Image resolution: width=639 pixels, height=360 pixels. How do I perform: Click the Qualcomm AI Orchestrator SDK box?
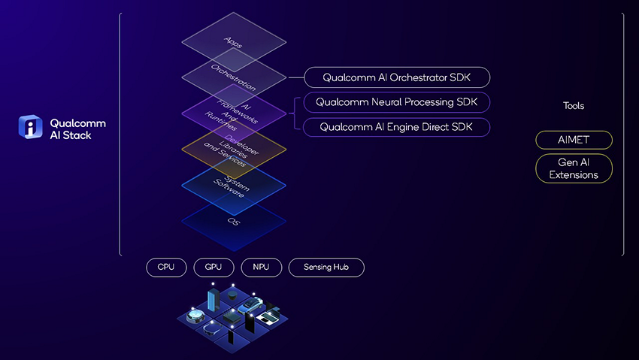pyautogui.click(x=397, y=77)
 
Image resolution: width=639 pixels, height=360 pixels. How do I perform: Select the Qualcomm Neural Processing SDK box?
pyautogui.click(x=397, y=102)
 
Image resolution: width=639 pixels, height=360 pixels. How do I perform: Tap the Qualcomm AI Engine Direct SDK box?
pyautogui.click(x=397, y=127)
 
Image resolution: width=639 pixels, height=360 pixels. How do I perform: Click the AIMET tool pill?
pyautogui.click(x=574, y=141)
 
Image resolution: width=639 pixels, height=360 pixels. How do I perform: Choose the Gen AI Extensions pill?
pyautogui.click(x=574, y=168)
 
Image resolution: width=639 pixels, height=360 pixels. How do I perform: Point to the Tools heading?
pyautogui.click(x=574, y=106)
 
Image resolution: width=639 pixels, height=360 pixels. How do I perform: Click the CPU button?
pyautogui.click(x=165, y=267)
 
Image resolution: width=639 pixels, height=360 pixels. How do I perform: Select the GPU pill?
pyautogui.click(x=214, y=267)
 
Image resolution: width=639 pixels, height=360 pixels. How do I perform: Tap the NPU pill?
pyautogui.click(x=261, y=267)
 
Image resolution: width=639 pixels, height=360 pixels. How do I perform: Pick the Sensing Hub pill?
pyautogui.click(x=326, y=267)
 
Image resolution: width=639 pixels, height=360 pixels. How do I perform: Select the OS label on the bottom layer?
pyautogui.click(x=233, y=222)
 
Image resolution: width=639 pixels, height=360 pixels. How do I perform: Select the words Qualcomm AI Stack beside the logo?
pyautogui.click(x=77, y=129)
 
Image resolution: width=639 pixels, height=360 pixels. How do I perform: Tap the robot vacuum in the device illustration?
pyautogui.click(x=196, y=315)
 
